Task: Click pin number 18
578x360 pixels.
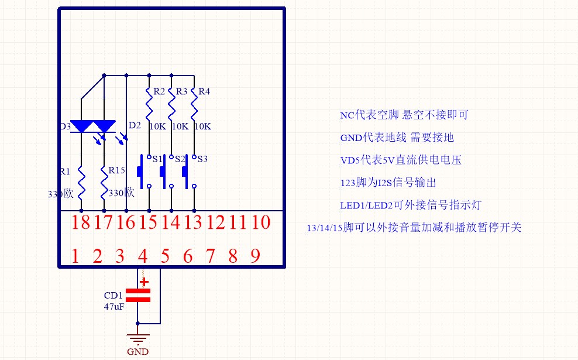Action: (x=81, y=223)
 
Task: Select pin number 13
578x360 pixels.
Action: (x=194, y=223)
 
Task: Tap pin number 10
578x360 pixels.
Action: (x=262, y=223)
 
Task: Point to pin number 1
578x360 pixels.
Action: (x=75, y=256)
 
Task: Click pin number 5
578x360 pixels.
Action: (x=165, y=256)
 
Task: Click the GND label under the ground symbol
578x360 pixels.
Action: (x=137, y=352)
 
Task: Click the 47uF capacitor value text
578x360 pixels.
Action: (x=114, y=306)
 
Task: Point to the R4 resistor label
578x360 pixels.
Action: (x=204, y=92)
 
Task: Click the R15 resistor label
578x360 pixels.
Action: (x=116, y=170)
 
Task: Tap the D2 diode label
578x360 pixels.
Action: (x=134, y=125)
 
